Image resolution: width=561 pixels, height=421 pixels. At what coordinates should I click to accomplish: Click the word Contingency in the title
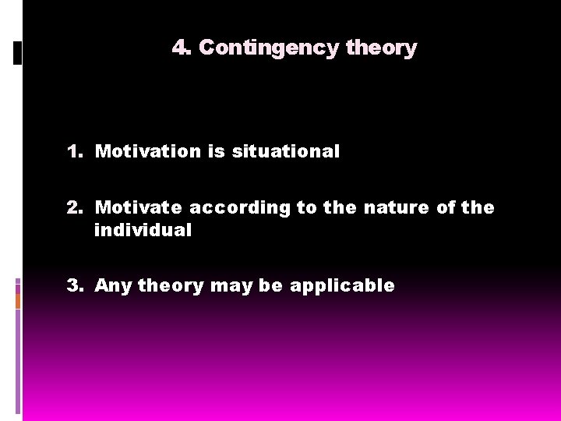pos(269,48)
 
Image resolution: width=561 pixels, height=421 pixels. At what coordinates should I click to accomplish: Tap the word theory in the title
pos(381,48)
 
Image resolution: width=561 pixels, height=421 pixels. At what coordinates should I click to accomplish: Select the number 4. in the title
pos(182,48)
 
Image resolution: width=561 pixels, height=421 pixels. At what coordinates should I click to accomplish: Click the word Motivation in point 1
pos(148,151)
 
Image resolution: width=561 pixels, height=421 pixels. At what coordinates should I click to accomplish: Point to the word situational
pos(285,151)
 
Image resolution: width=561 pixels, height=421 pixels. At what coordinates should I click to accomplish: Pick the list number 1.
pos(75,151)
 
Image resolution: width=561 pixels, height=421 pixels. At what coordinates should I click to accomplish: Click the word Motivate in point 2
pos(139,207)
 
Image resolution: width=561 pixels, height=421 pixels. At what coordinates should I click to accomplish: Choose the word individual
pos(143,230)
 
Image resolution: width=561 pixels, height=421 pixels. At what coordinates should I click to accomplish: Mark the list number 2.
pos(75,207)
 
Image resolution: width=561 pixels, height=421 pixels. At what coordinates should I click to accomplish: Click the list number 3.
pos(75,285)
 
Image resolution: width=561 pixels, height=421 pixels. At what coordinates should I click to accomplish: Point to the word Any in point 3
pos(113,285)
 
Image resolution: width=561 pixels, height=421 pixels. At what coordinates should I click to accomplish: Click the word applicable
pos(342,285)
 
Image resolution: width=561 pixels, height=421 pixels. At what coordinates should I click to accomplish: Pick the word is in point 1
pos(216,151)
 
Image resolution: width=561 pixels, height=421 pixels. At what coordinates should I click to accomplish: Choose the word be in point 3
pos(271,285)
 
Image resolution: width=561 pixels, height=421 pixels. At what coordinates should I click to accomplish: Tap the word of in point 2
pos(444,207)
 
